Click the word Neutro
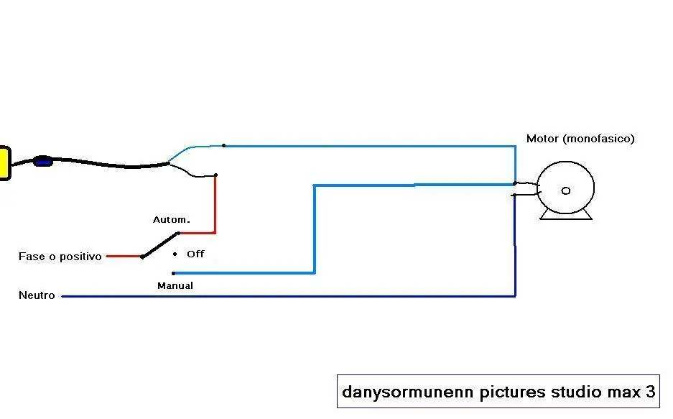pos(37,295)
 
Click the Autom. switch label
pos(171,220)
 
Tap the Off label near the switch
pos(195,254)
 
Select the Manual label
pos(175,285)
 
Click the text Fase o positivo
pos(60,257)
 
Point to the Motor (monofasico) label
pos(580,139)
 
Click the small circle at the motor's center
pos(566,190)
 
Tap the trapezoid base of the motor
pos(566,215)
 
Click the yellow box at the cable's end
pos(5,163)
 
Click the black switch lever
pos(159,245)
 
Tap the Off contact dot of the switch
pos(175,254)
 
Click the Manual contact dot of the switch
pos(173,273)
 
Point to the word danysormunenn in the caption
pos(408,392)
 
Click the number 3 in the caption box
pos(650,392)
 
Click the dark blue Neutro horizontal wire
pos(289,296)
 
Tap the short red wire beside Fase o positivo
pos(124,257)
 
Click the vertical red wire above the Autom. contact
pos(215,204)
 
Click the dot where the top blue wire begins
pos(223,145)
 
